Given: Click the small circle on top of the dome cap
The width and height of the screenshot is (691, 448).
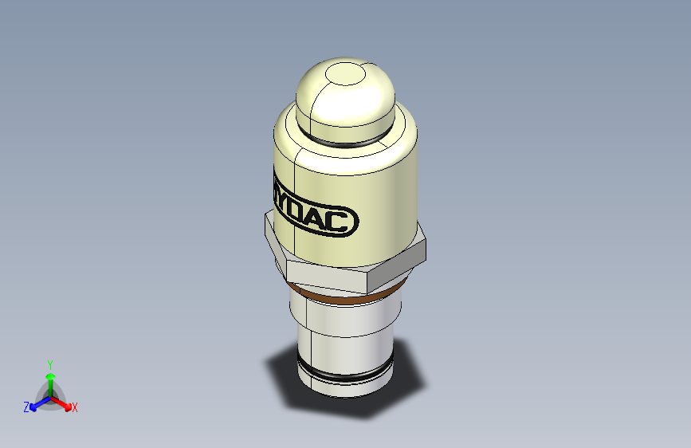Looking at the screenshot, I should [344, 75].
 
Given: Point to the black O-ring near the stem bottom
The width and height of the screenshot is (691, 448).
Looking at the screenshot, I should [343, 374].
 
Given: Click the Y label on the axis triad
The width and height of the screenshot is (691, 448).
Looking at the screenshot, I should [49, 363].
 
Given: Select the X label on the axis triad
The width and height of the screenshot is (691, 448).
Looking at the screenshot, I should [75, 407].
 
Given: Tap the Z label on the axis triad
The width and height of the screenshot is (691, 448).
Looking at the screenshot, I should [26, 407].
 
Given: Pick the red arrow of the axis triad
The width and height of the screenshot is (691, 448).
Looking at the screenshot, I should [63, 401].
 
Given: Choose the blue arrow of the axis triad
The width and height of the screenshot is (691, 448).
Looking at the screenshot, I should [37, 402].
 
